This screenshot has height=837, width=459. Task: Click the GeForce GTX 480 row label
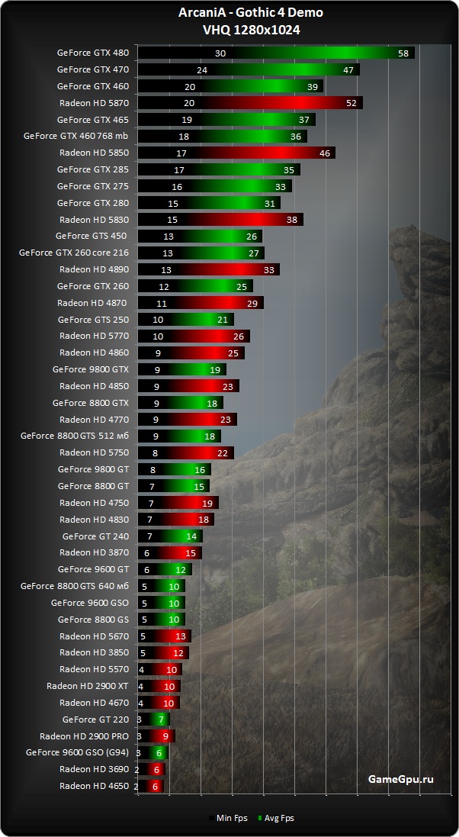coord(93,53)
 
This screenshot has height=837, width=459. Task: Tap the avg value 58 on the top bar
coord(404,53)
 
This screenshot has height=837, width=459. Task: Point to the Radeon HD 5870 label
coord(94,103)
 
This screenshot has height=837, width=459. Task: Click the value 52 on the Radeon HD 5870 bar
coord(351,103)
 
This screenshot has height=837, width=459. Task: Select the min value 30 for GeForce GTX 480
coord(220,53)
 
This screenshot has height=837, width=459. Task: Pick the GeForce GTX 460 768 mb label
coord(76,137)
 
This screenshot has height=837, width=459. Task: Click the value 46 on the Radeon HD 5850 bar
coord(324,153)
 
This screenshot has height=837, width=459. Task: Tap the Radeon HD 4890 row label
coord(94,269)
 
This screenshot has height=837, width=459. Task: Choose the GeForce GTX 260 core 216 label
coord(74,253)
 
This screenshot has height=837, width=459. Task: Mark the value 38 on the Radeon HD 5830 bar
coord(292,220)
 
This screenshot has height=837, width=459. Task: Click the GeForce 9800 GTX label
coord(91,369)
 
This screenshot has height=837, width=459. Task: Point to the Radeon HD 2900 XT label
coord(88,686)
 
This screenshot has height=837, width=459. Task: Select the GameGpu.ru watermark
coord(400,779)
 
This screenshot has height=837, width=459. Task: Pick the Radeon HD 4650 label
coord(94,786)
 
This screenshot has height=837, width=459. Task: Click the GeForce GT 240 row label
coord(95,536)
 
